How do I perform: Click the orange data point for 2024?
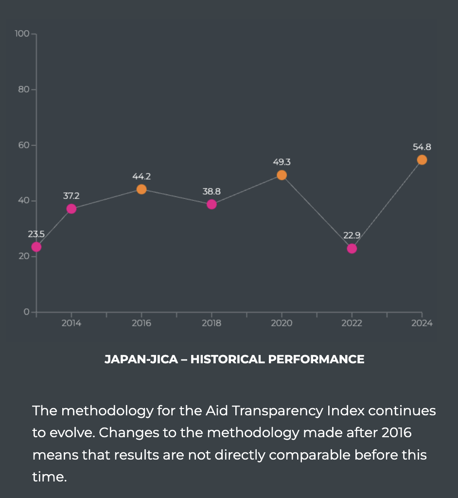pyautogui.click(x=422, y=160)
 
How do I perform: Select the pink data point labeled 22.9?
pyautogui.click(x=352, y=249)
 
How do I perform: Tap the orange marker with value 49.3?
pyautogui.click(x=282, y=175)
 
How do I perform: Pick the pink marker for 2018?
pyautogui.click(x=211, y=204)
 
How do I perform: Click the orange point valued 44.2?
pyautogui.click(x=141, y=189)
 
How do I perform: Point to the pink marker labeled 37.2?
pyautogui.click(x=71, y=209)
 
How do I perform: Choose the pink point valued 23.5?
pyautogui.click(x=36, y=247)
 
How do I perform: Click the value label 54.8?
pyautogui.click(x=422, y=147)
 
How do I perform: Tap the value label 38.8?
pyautogui.click(x=211, y=192)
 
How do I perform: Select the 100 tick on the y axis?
pyautogui.click(x=22, y=34)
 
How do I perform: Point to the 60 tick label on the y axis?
pyautogui.click(x=24, y=145)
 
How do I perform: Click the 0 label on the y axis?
pyautogui.click(x=27, y=312)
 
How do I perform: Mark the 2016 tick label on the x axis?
pyautogui.click(x=141, y=323)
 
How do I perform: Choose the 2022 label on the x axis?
pyautogui.click(x=352, y=323)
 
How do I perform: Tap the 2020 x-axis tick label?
pyautogui.click(x=282, y=323)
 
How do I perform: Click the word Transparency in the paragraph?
pyautogui.click(x=277, y=411)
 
